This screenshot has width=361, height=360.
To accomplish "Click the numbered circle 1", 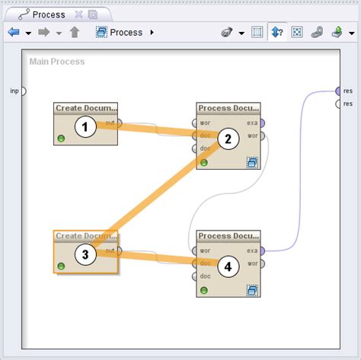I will coord(85,127).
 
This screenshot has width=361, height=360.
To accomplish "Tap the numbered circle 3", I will coord(85,254).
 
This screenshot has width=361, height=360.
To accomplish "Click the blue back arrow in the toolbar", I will coord(13,33).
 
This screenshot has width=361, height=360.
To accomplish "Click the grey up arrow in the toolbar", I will coord(74,33).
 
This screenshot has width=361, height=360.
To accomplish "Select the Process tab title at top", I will coord(48,14).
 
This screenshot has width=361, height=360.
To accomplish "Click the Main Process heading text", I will coord(57,62).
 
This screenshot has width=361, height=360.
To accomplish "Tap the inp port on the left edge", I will coord(23,91).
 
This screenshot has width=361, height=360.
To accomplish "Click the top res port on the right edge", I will coord(338,91).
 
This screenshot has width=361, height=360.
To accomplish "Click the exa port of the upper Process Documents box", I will coord(262,123).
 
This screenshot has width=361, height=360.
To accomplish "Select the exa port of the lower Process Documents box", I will coord(262,250).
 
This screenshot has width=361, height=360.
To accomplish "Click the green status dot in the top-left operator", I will coord(61,139).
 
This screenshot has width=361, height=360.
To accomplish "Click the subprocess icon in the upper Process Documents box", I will coord(252,162).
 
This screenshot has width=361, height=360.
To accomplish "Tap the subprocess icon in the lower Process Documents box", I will coord(252,290).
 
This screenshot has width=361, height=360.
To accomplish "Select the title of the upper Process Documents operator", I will coord(228,108).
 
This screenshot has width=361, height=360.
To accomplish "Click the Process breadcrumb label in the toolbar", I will coord(126,33).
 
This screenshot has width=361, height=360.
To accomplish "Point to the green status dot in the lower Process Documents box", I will coord(203,290).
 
